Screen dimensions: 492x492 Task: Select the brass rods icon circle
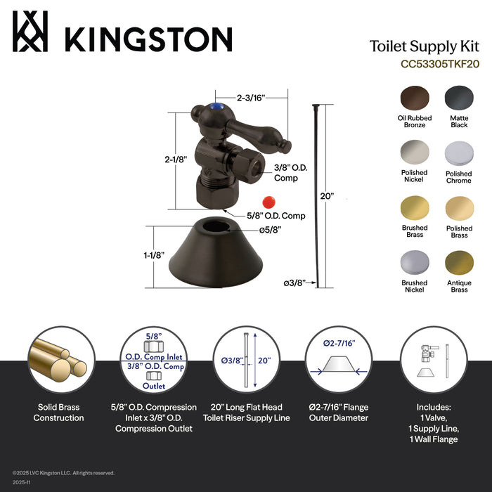[x=59, y=358]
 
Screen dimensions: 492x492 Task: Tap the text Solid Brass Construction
[x=59, y=413]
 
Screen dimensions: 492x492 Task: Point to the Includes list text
[x=433, y=423]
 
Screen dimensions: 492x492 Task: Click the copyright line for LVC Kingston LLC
[x=63, y=473]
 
